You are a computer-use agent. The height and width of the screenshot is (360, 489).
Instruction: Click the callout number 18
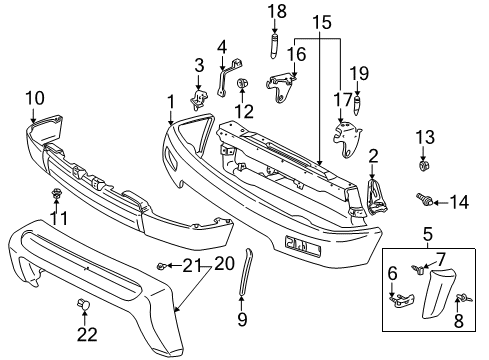click(x=277, y=11)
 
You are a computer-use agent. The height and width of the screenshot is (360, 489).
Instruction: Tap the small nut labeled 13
click(x=423, y=165)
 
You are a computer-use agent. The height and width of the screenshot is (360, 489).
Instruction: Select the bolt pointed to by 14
click(x=424, y=199)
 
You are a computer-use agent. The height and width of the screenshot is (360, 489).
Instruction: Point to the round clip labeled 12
click(x=242, y=83)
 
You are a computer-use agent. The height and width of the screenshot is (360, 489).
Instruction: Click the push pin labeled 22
click(x=84, y=305)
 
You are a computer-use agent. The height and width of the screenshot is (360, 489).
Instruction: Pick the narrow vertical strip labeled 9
click(x=246, y=271)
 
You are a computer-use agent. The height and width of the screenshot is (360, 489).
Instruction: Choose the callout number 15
click(x=322, y=22)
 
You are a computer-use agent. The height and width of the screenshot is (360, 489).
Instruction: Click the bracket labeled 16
click(x=281, y=87)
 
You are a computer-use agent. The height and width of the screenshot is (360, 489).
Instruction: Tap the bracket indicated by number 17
click(x=347, y=138)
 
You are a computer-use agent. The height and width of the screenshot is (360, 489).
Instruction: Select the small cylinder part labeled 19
click(x=357, y=105)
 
